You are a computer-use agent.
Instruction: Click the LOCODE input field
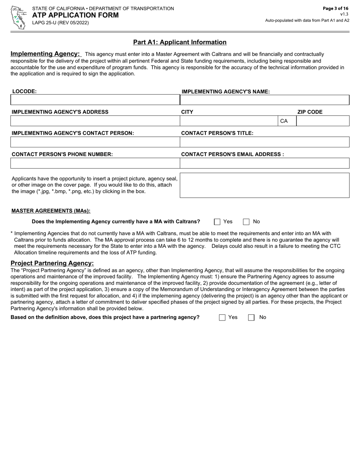click(95, 100)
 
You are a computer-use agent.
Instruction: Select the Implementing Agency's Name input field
click(264, 100)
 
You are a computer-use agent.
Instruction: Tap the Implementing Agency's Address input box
click(95, 121)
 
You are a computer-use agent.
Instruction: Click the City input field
click(229, 121)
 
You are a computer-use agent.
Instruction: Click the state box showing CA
click(286, 121)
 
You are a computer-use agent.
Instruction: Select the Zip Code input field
click(322, 121)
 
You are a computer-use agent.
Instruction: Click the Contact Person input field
click(95, 142)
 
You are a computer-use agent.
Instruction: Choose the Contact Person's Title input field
click(264, 142)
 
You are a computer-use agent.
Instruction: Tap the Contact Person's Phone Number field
click(95, 163)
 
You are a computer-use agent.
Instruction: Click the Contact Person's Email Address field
click(264, 163)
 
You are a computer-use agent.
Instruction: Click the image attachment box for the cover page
click(264, 185)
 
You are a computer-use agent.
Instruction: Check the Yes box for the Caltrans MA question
click(217, 222)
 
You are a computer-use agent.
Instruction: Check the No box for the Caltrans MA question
click(246, 222)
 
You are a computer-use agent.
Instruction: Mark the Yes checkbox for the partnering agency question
click(222, 317)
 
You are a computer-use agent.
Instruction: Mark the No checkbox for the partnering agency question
click(251, 317)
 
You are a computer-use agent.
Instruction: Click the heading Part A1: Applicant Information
click(180, 42)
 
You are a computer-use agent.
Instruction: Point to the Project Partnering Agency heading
click(52, 263)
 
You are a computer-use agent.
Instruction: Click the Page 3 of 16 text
click(335, 8)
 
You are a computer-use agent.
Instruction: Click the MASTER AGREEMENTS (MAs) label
click(51, 211)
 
